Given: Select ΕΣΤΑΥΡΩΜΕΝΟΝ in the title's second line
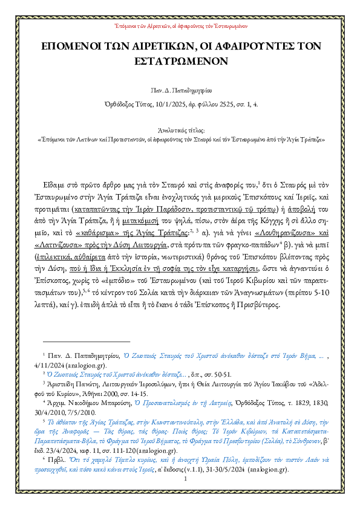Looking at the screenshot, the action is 180,61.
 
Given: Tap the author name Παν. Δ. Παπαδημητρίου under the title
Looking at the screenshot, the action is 180,89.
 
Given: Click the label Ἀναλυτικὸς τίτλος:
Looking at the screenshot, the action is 180,130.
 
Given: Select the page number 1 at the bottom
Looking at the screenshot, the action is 179,497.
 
